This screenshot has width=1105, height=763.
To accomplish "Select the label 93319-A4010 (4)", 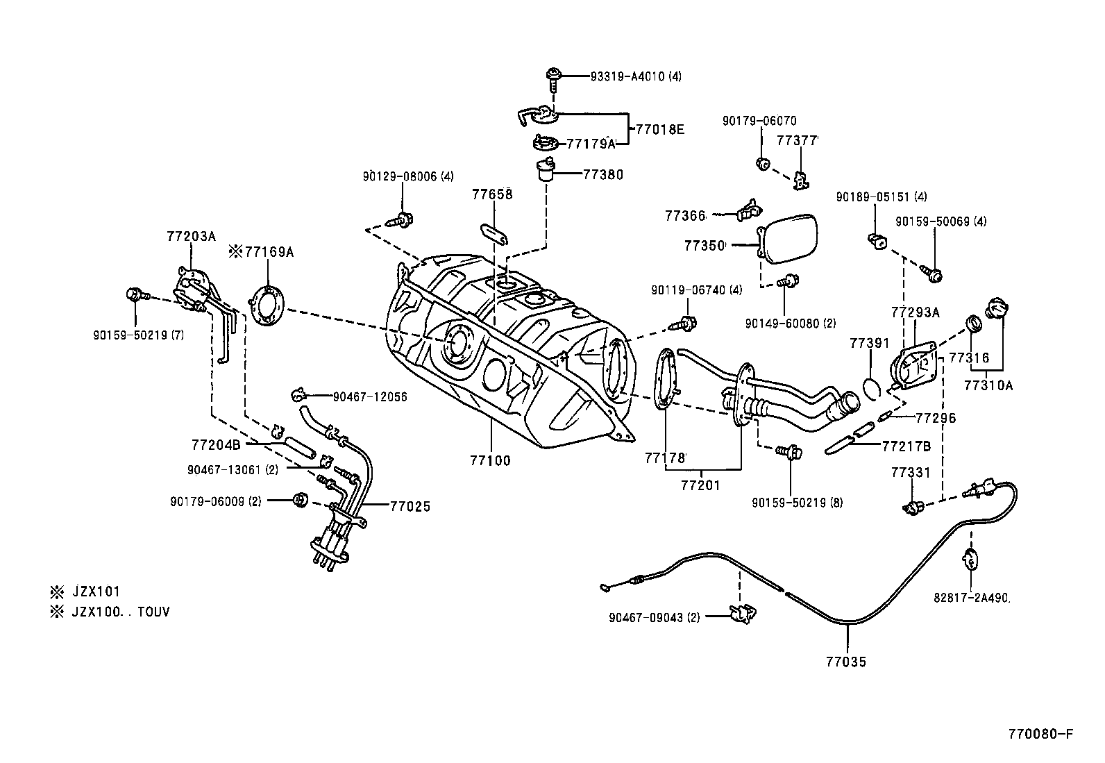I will click(636, 76).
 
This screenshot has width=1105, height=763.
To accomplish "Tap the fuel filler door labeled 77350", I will click(788, 239).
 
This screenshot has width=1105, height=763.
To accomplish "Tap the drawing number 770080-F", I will click(1040, 734).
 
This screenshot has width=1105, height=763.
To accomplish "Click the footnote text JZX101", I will click(96, 592).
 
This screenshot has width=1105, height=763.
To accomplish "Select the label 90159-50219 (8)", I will click(797, 502).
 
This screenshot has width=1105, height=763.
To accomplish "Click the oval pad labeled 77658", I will click(494, 233).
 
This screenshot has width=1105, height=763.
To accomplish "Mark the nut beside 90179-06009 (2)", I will click(301, 499).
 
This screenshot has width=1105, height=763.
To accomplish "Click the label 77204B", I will click(215, 444).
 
